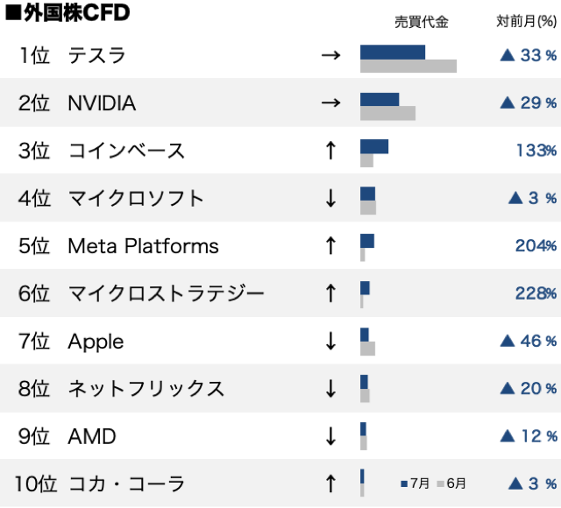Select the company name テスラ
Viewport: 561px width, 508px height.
coord(96,56)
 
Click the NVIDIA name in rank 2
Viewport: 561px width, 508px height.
coord(102,103)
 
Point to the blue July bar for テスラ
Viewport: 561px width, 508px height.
coord(393,52)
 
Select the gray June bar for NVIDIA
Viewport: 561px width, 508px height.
coord(387,113)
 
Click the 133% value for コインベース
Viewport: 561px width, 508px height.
coord(536,151)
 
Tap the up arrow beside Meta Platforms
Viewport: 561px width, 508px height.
coord(330,246)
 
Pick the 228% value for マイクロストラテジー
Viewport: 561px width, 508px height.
coord(536,293)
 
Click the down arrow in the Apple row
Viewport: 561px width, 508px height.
coord(330,341)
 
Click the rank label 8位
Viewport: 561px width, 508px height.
coord(34,388)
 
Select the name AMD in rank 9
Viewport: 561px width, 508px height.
coord(92,436)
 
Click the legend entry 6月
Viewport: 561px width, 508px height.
coord(452,483)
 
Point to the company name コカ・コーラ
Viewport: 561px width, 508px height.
coord(126,483)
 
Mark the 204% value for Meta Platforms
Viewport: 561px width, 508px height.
coord(536,246)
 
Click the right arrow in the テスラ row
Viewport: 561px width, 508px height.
coord(330,56)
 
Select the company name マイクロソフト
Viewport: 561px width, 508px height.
coord(136,198)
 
